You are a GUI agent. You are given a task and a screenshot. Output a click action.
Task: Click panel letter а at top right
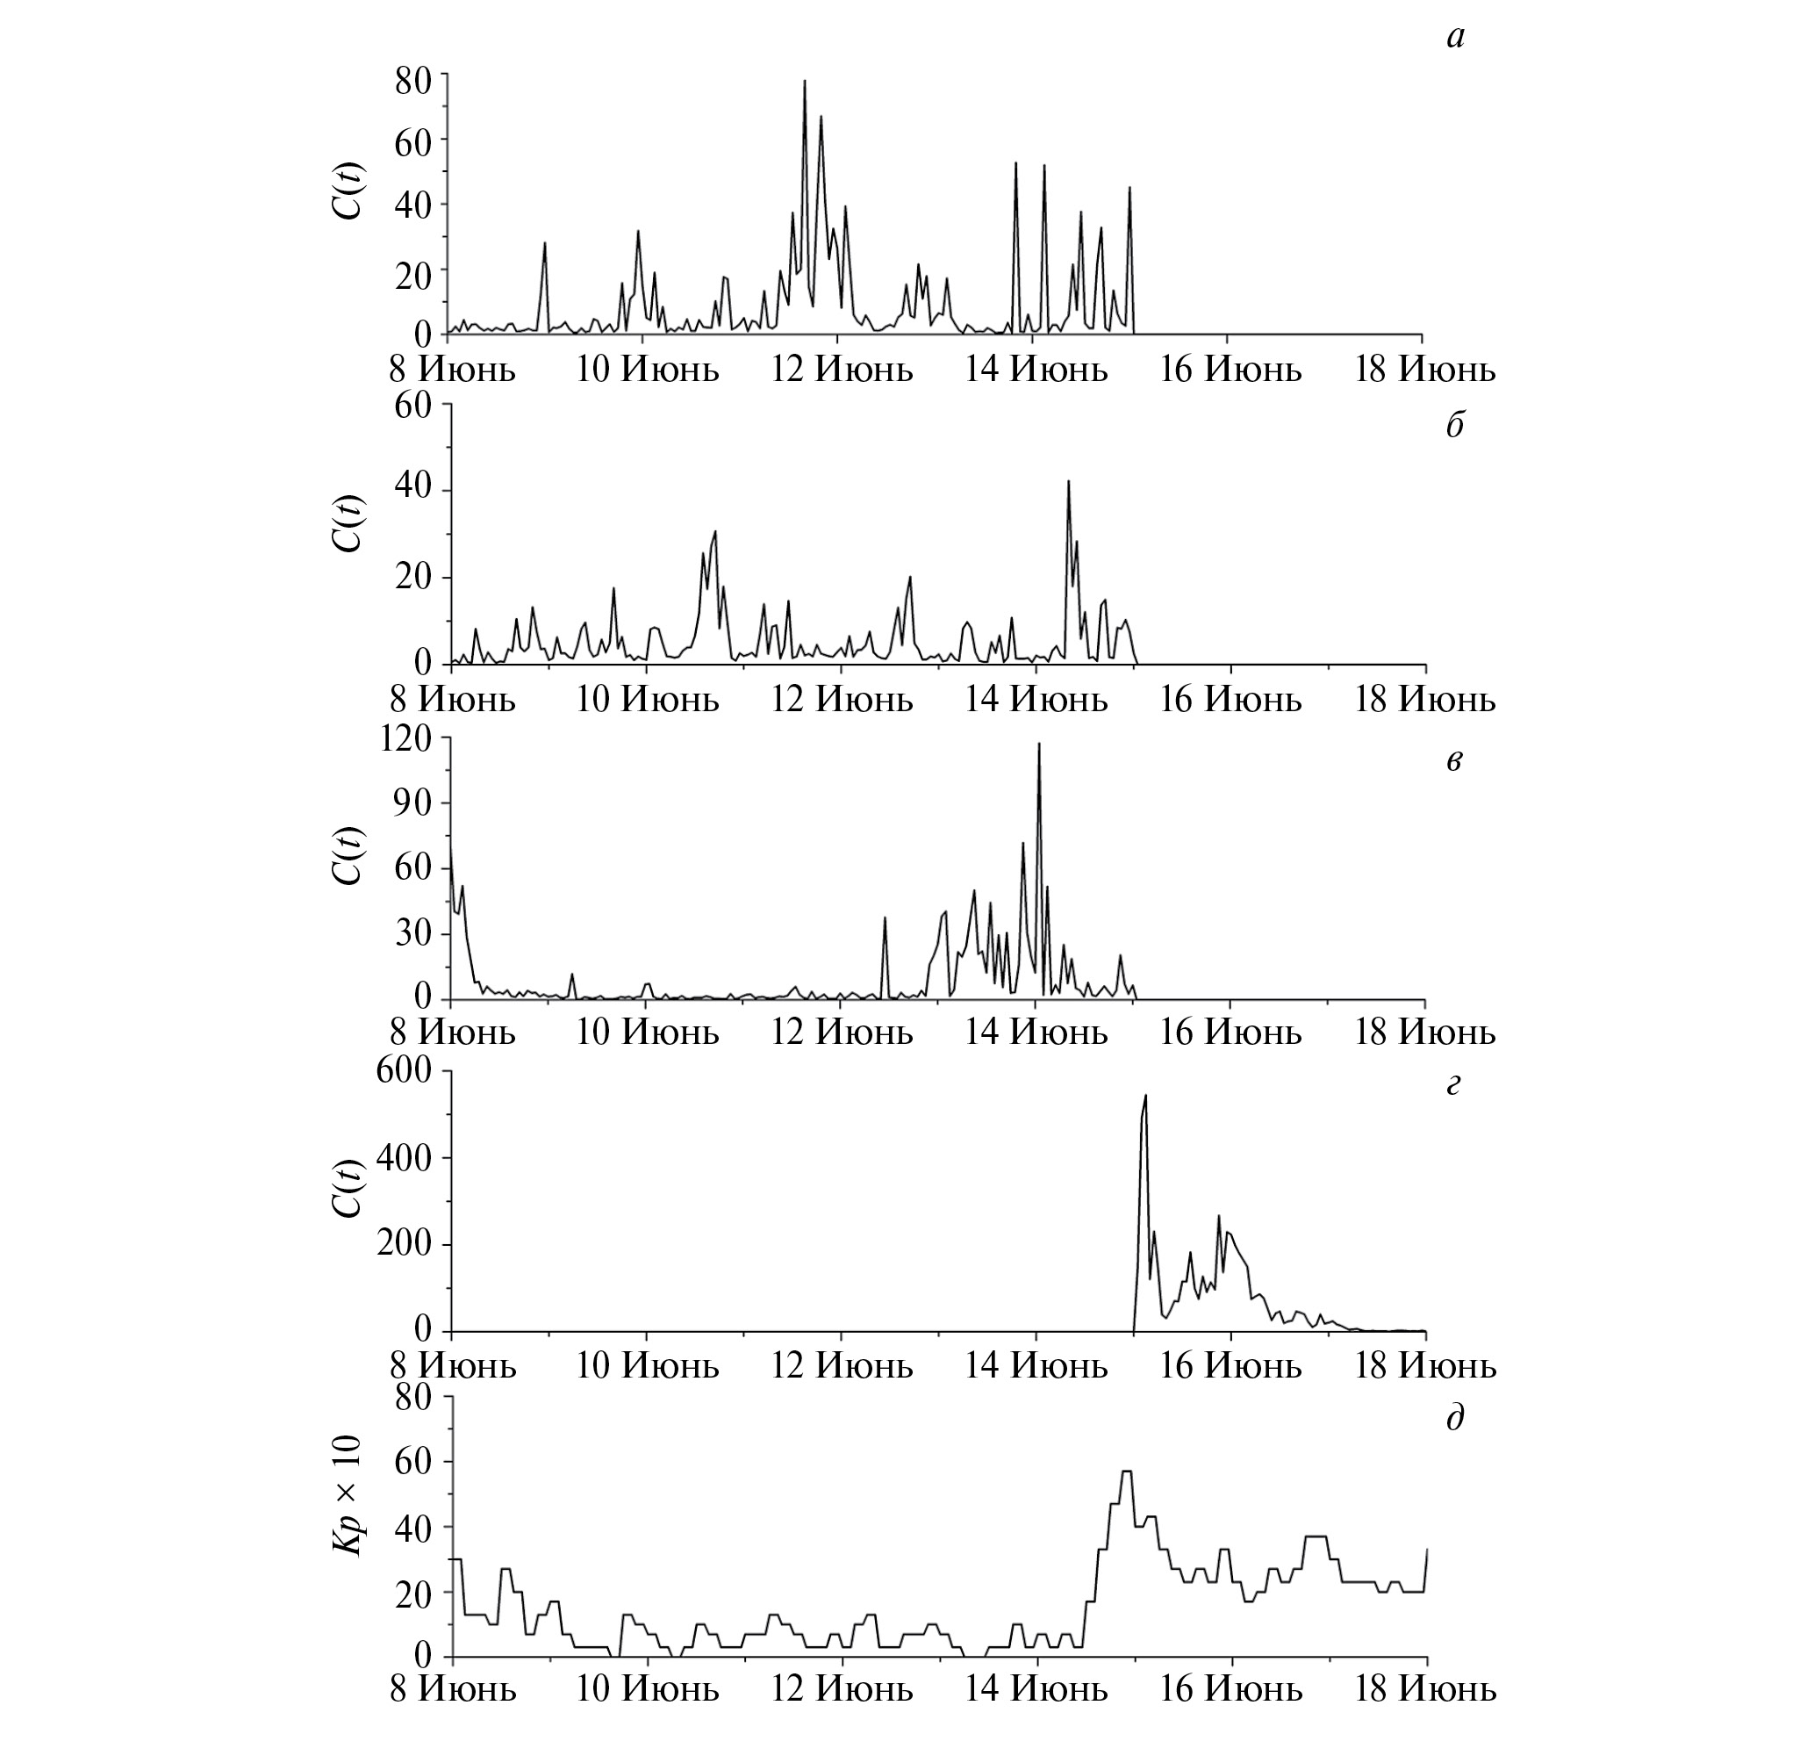point(1455,37)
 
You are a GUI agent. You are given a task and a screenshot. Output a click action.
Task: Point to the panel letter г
point(1453,1083)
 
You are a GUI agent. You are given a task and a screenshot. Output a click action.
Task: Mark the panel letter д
point(1454,1418)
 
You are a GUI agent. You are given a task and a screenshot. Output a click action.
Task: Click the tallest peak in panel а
point(804,82)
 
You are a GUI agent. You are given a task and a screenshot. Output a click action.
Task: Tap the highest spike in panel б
point(1068,481)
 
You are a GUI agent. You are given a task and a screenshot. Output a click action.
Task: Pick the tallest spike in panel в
point(1038,745)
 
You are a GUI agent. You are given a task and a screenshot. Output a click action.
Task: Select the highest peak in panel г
point(1146,1097)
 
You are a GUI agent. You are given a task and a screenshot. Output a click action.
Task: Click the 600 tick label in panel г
point(404,1071)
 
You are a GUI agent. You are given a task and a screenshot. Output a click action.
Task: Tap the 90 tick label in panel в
point(412,802)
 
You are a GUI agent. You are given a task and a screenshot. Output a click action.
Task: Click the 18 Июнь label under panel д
point(1425,1690)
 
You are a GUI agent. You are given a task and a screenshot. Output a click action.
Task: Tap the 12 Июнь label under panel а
point(842,371)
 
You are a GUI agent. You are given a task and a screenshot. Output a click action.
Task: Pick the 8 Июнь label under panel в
point(452,1033)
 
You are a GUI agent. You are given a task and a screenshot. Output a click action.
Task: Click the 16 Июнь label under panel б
point(1231,699)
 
